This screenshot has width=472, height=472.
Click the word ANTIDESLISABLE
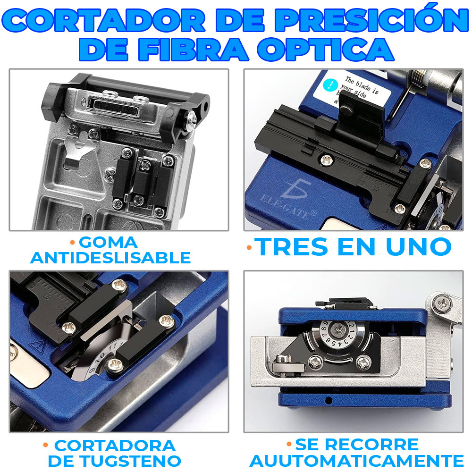click(110, 258)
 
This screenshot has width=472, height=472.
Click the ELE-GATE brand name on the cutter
click(286, 207)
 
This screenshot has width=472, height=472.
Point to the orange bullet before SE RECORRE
click(289, 444)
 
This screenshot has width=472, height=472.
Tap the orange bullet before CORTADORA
click(45, 445)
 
